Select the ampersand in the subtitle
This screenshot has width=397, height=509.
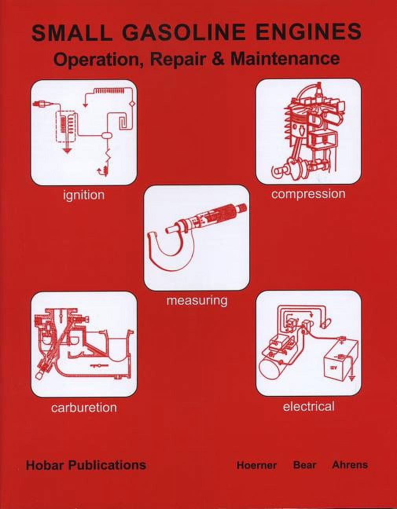[x=219, y=59]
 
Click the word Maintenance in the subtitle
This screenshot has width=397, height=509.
[x=285, y=59]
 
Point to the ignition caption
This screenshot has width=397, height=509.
[x=84, y=195]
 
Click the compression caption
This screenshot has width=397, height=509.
[x=308, y=194]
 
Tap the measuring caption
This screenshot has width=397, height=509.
[x=197, y=300]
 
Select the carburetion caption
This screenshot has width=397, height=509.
[x=84, y=407]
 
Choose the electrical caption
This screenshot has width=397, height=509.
[x=309, y=406]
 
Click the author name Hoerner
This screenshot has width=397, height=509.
[x=256, y=465]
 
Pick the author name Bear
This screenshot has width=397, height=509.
[x=305, y=465]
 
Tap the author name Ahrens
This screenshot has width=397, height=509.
[x=350, y=465]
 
